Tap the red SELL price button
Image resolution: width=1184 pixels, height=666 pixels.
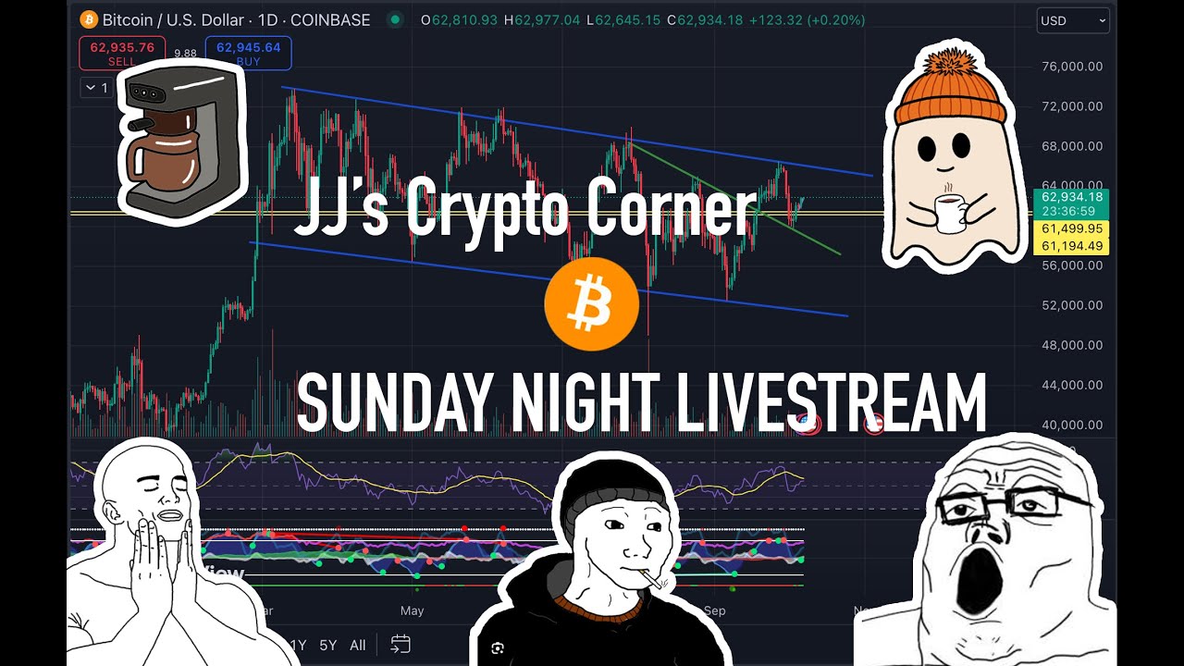122,53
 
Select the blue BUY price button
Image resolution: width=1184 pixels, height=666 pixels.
248,53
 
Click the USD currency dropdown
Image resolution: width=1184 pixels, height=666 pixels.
1072,20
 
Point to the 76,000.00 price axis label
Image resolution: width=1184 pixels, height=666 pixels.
1071,67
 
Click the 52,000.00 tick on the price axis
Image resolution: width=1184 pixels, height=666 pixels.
1071,305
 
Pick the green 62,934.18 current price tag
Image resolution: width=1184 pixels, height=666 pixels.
1070,197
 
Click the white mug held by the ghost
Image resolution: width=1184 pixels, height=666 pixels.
949,214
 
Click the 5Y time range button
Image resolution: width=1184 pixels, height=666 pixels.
327,646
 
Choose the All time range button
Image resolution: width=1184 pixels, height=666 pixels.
358,646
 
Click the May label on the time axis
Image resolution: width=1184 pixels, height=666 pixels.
412,610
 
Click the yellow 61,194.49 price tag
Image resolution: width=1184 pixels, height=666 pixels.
1070,246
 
